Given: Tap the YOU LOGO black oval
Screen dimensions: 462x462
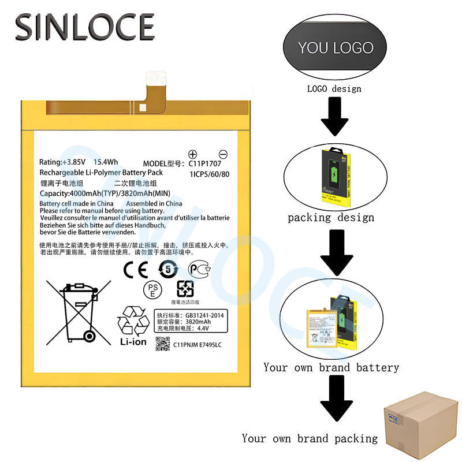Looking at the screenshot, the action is point(336,48).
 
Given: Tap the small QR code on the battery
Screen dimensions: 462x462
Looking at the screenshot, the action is point(163,344).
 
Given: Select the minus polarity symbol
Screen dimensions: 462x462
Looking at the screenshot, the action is point(223,154).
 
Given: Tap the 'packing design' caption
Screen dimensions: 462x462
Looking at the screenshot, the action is point(331,218).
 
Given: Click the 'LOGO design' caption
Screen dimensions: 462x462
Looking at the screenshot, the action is point(334,88).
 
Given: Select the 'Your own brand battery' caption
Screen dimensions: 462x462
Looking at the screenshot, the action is point(331,367).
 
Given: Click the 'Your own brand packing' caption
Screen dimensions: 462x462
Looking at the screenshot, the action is point(310,438).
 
